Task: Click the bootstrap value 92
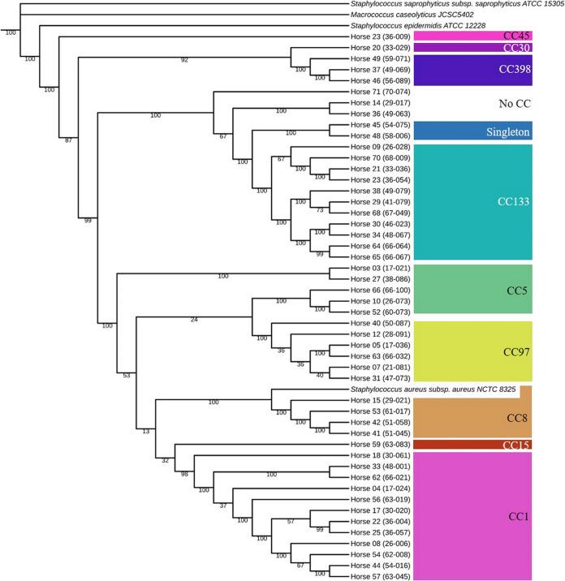tap(184, 37)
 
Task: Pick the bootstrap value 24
tap(193, 319)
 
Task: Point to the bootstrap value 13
tap(146, 430)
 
